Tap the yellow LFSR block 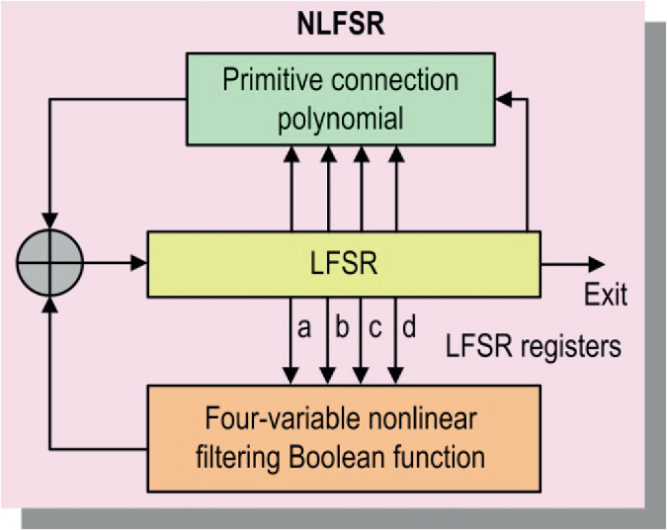(x=343, y=264)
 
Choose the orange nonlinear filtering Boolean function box (x=343, y=439)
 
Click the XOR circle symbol (x=48, y=263)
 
